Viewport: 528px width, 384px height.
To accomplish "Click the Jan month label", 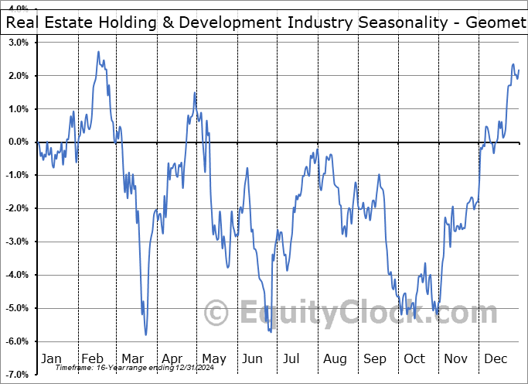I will click(x=51, y=358).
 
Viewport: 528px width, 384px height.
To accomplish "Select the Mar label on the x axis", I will click(x=132, y=358).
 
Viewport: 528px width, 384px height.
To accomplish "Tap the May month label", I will click(x=214, y=358).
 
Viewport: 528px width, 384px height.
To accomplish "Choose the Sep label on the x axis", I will click(x=376, y=358).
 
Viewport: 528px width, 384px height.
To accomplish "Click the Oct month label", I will click(x=415, y=358).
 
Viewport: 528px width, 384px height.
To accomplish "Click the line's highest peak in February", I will click(x=98, y=52).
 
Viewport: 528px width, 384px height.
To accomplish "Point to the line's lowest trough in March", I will click(x=146, y=334).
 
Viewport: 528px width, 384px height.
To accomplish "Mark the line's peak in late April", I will click(x=195, y=93).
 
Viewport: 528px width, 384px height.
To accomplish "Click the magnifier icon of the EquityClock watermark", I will click(x=217, y=313).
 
